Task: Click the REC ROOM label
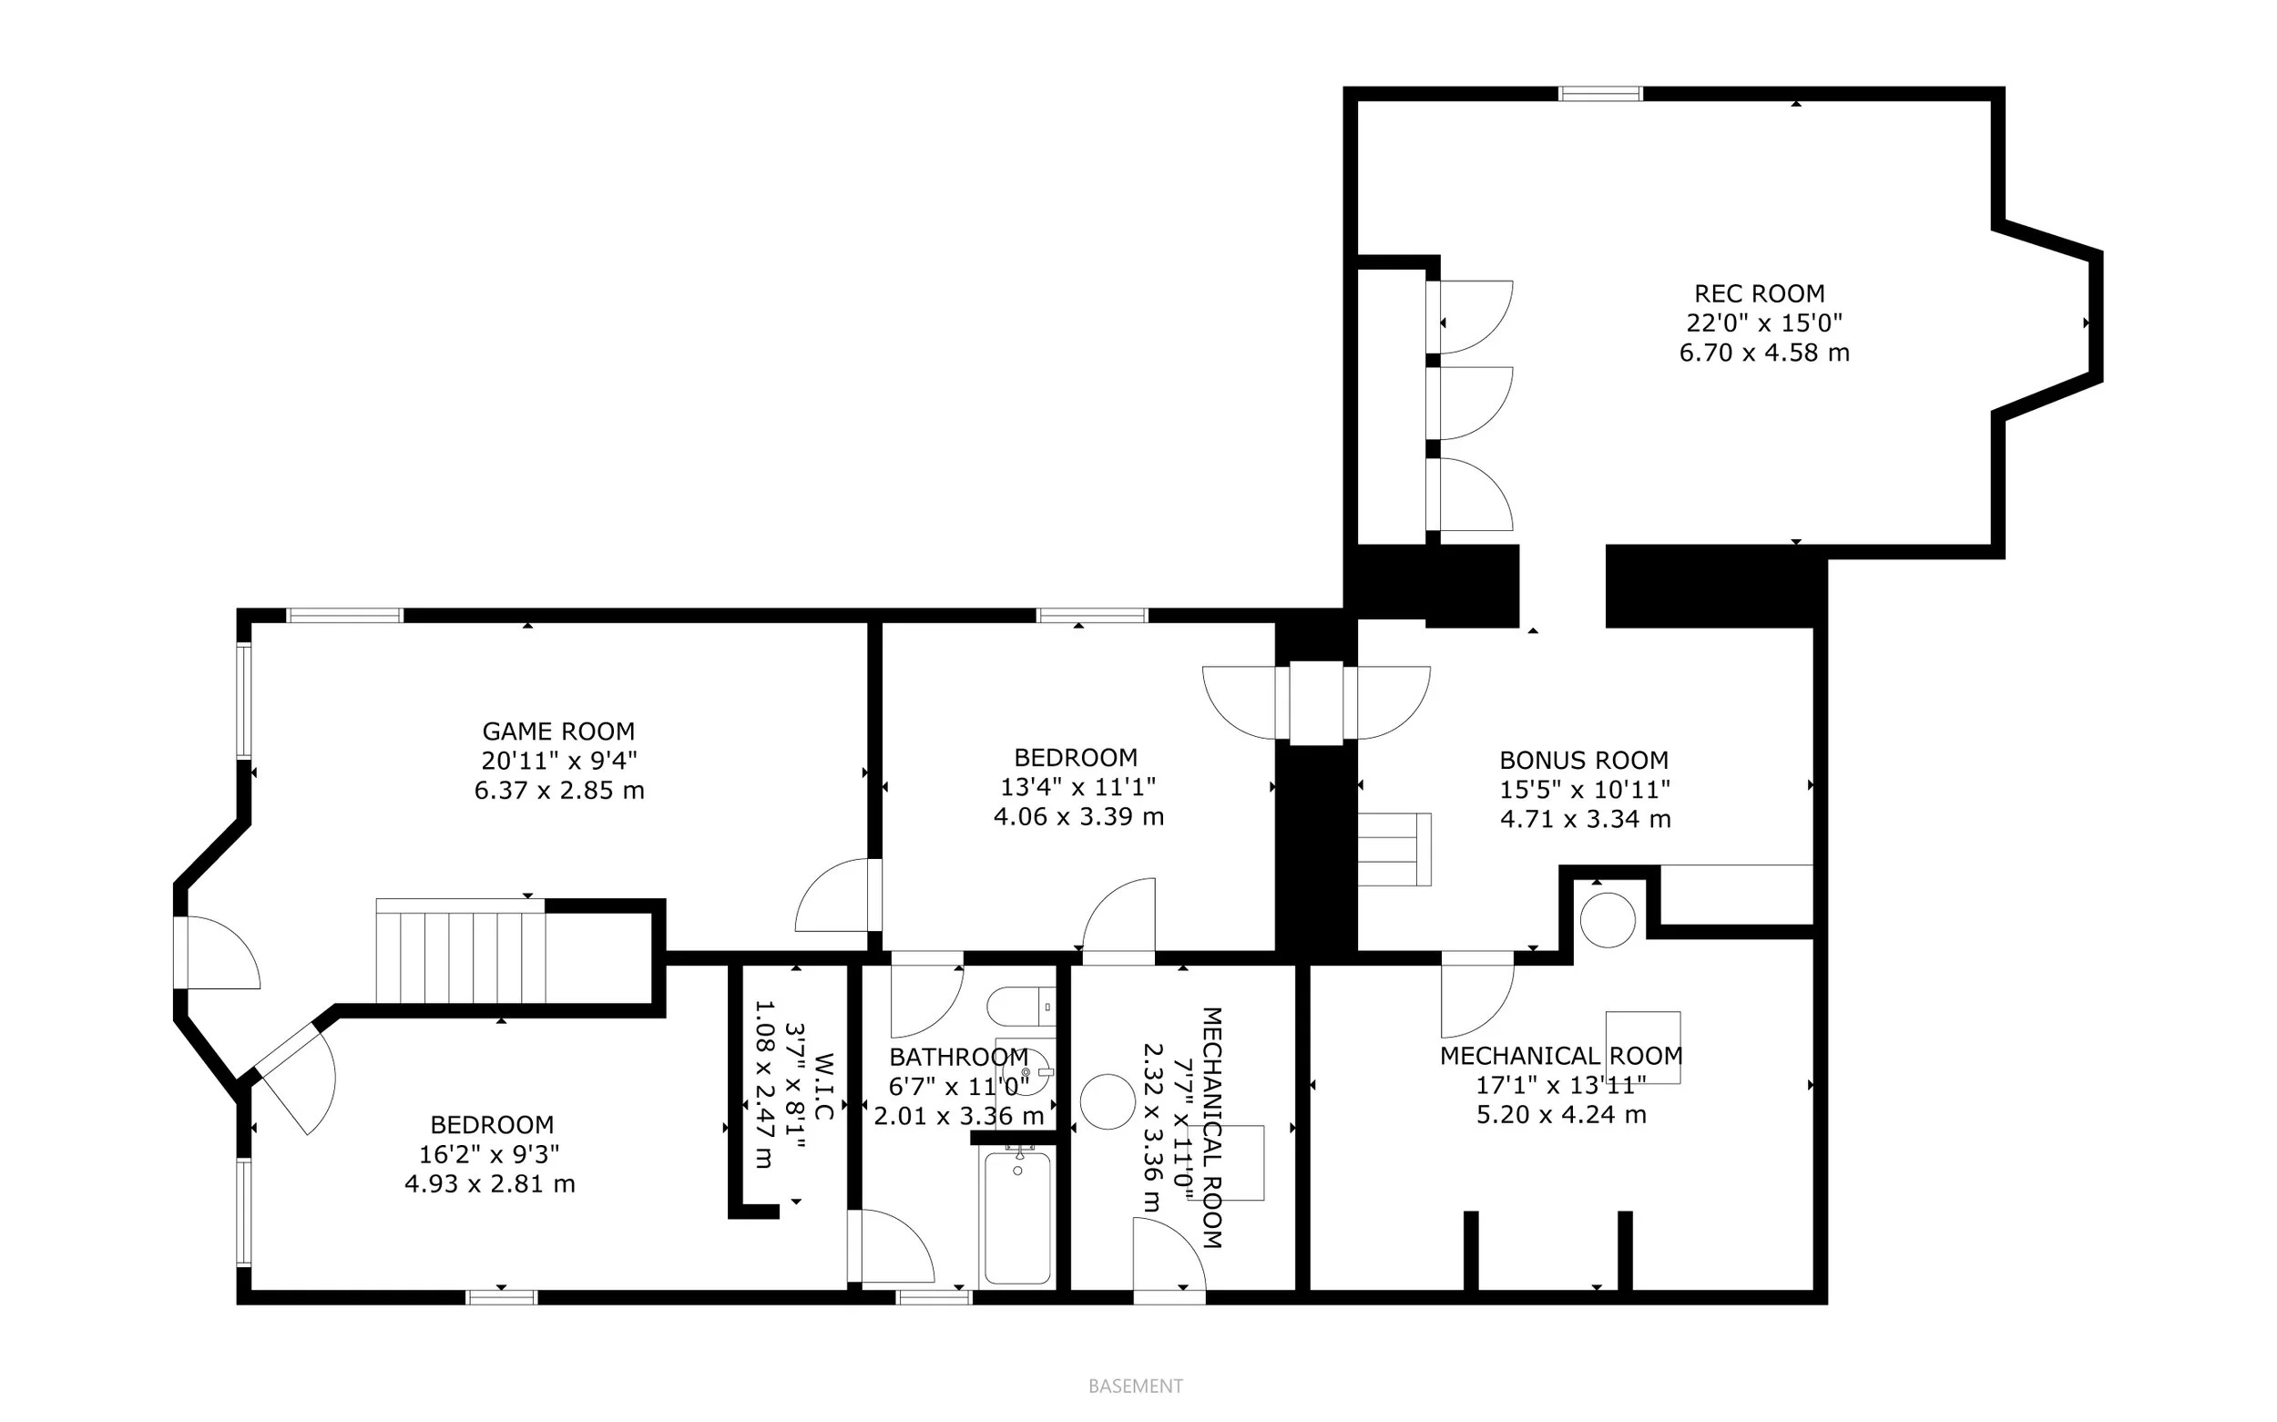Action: (x=1759, y=293)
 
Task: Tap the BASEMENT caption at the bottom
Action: (x=1135, y=1386)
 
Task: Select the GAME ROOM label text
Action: (x=558, y=731)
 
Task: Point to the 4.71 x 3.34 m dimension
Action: (x=1585, y=819)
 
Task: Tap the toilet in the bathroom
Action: (x=1020, y=1007)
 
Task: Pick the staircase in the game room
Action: (x=461, y=952)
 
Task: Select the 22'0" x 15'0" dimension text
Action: (x=1763, y=322)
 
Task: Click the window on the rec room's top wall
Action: (x=1600, y=94)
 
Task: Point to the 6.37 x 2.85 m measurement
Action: (x=558, y=790)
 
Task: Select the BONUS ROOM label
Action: (x=1583, y=760)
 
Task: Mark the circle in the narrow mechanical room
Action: (x=1108, y=1101)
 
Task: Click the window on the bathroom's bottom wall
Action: (x=933, y=1298)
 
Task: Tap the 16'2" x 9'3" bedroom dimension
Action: (x=489, y=1154)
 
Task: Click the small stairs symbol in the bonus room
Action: (x=1394, y=849)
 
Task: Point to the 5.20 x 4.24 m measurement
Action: (x=1560, y=1114)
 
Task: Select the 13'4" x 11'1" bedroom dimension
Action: (x=1077, y=786)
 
